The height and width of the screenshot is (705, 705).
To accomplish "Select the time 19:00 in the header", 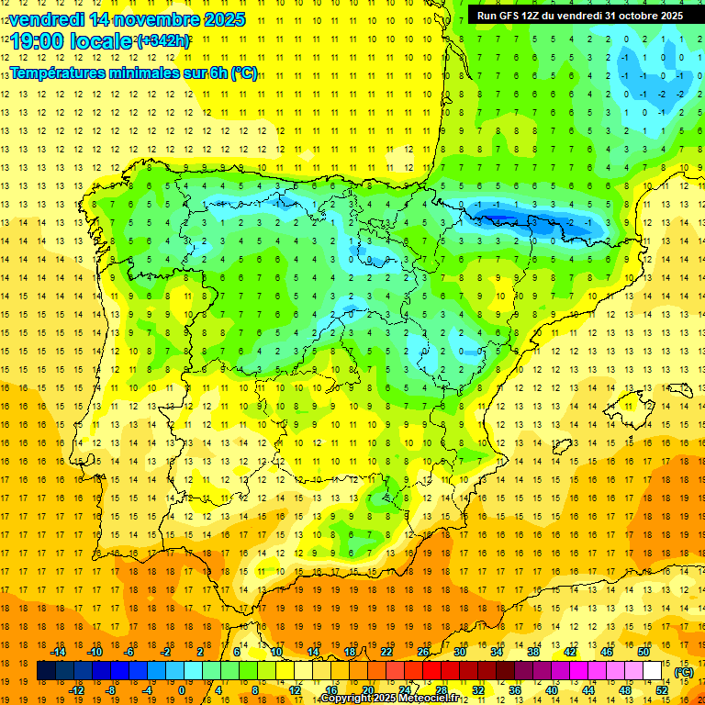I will click(x=39, y=41).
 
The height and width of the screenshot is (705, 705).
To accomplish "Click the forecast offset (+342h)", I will click(x=162, y=41).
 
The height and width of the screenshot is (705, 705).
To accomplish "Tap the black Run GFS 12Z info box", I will click(x=579, y=15).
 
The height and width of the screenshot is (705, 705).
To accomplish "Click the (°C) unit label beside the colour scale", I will click(x=683, y=672).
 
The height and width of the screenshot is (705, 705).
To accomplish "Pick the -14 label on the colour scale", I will click(x=58, y=652).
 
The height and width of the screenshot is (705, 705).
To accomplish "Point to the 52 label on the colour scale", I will click(x=662, y=690).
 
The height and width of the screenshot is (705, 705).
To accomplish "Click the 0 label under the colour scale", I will click(x=181, y=690).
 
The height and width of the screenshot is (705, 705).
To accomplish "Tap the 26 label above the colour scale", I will click(x=423, y=652).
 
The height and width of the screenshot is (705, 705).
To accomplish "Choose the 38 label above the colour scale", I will click(x=533, y=652).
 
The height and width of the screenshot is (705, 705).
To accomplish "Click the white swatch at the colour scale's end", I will click(x=653, y=671).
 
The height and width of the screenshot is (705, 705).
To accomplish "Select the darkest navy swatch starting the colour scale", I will click(x=47, y=671).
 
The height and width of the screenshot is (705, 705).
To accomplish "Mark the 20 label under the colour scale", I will click(x=368, y=690).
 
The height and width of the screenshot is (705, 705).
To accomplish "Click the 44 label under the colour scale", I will click(x=588, y=690).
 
